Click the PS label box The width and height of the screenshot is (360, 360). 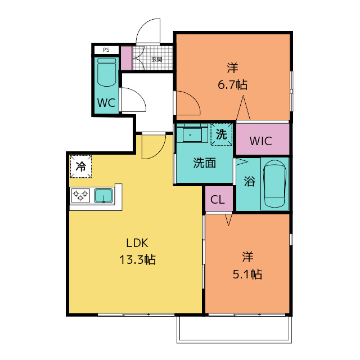pyautogui.click(x=106, y=50)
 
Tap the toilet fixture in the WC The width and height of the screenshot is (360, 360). pyautogui.click(x=106, y=73)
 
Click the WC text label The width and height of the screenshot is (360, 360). pyautogui.click(x=106, y=102)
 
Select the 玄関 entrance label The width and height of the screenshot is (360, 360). pyautogui.click(x=157, y=59)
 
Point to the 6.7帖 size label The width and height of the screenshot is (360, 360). pyautogui.click(x=232, y=85)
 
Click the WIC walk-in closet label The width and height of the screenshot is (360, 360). pyautogui.click(x=261, y=141)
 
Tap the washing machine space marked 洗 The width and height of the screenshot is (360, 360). pyautogui.click(x=222, y=134)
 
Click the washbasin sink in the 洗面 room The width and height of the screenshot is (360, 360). pyautogui.click(x=192, y=135)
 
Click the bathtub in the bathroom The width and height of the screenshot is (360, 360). pyautogui.click(x=274, y=184)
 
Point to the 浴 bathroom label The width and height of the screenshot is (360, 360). pyautogui.click(x=249, y=181)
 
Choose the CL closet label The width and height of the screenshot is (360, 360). pyautogui.click(x=218, y=200)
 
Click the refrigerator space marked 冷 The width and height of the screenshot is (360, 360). pyautogui.click(x=81, y=166)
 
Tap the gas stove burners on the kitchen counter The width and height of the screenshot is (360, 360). pyautogui.click(x=80, y=195)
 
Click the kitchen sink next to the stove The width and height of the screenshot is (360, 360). pyautogui.click(x=103, y=196)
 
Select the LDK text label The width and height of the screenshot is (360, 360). pyautogui.click(x=137, y=243)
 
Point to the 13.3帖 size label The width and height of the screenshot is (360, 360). pyautogui.click(x=137, y=260)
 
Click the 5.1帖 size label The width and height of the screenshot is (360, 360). pyautogui.click(x=247, y=274)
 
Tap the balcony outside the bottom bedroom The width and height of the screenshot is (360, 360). pyautogui.click(x=234, y=330)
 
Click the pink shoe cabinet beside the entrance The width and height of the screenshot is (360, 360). pyautogui.click(x=126, y=58)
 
